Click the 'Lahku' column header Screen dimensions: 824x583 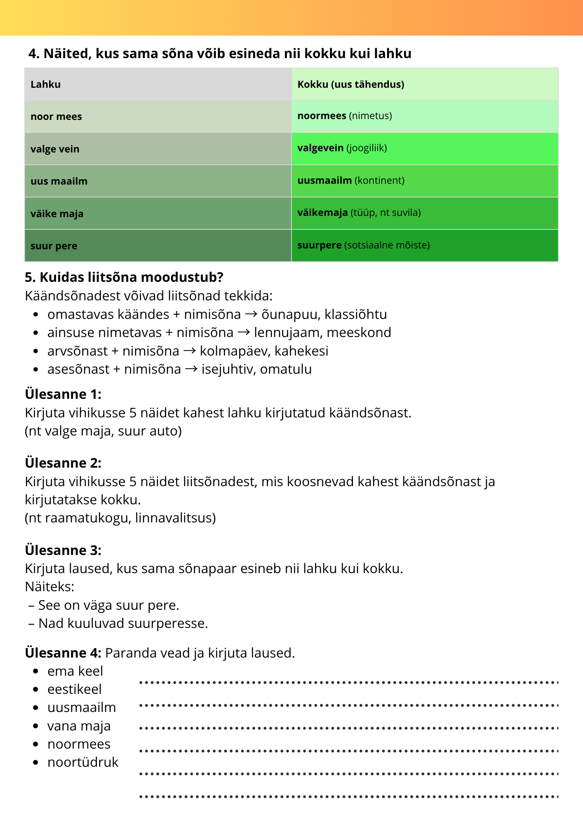[45, 84]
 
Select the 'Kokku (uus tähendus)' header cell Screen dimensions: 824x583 [350, 84]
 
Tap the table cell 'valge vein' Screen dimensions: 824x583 [55, 149]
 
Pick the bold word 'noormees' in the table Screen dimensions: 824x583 [322, 116]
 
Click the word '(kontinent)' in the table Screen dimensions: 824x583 [379, 180]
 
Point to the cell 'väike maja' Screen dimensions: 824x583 [57, 214]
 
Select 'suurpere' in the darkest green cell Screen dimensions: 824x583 [319, 245]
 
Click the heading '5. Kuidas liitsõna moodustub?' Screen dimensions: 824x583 [124, 277]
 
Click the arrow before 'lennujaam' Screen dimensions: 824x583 [244, 332]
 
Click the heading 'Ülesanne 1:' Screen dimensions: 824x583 [63, 394]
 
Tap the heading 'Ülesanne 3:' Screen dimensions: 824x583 [63, 550]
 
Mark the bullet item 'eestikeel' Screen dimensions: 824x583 [74, 689]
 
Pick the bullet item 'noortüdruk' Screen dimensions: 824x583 [82, 762]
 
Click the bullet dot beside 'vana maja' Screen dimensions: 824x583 [36, 726]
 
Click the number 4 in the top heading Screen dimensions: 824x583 [33, 54]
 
